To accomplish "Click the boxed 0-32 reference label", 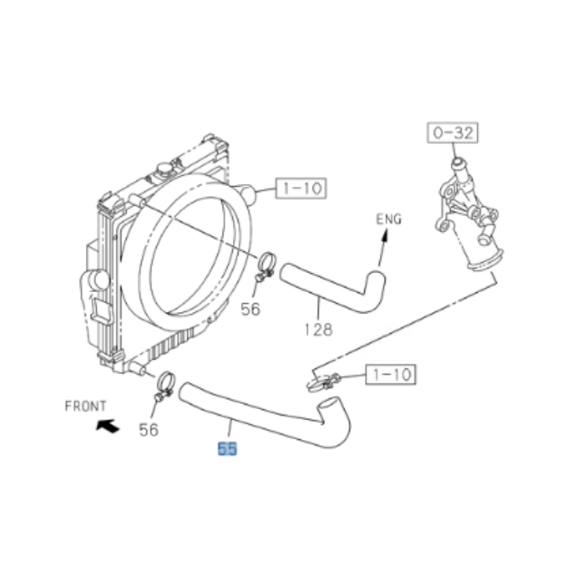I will pos(454,132).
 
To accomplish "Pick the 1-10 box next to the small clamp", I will pos(390,373).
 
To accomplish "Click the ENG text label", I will pos(388,220).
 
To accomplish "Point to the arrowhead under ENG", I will pos(384,236).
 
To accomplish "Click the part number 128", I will pos(318,329).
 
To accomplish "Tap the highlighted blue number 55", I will pos(226,447).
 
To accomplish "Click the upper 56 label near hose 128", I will pos(250,309).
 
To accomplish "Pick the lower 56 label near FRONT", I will pos(148,429).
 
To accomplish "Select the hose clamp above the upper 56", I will pos(266,266).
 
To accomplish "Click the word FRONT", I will pos(85,405).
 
